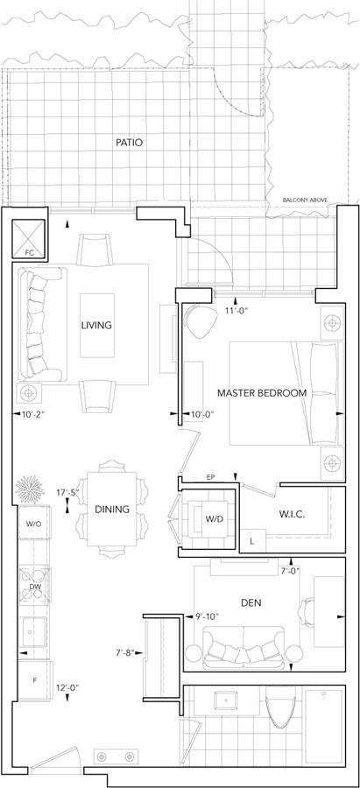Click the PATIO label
(129, 143)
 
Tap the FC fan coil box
(29, 239)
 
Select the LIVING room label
(96, 325)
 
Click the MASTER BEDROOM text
(261, 393)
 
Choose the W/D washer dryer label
(211, 517)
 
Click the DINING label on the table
(111, 509)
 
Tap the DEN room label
(251, 602)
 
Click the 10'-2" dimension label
(33, 414)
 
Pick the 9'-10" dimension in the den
(207, 616)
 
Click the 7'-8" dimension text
(125, 653)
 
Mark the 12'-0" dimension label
(68, 687)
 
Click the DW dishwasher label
(35, 586)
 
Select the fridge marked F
(35, 681)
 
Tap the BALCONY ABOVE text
(305, 200)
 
